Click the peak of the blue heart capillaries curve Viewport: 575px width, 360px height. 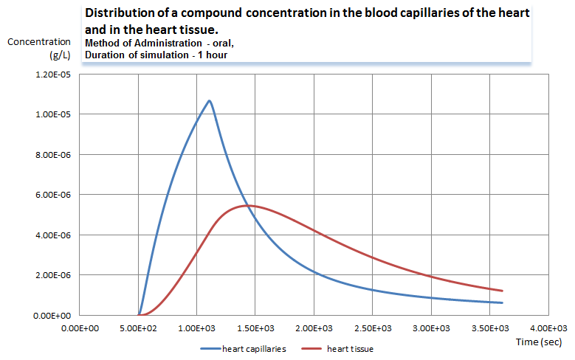tap(210, 100)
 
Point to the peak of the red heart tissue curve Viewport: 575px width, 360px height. tap(248, 205)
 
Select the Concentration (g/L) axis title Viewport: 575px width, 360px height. tap(39, 48)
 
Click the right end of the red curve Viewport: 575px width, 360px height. tap(502, 291)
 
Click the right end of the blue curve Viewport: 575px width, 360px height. tap(502, 302)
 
